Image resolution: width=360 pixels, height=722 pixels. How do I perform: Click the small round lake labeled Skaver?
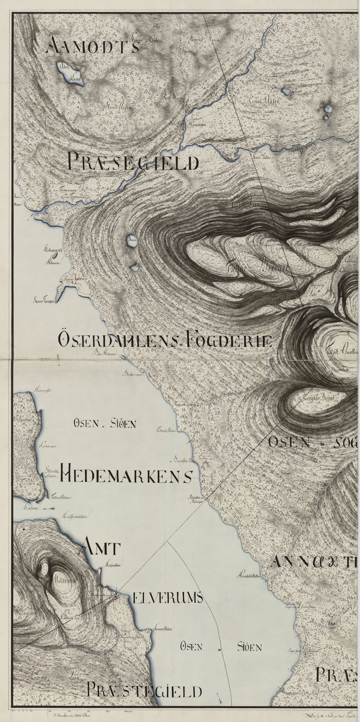pos(132,241)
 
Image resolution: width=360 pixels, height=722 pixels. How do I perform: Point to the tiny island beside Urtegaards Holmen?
pos(56,255)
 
